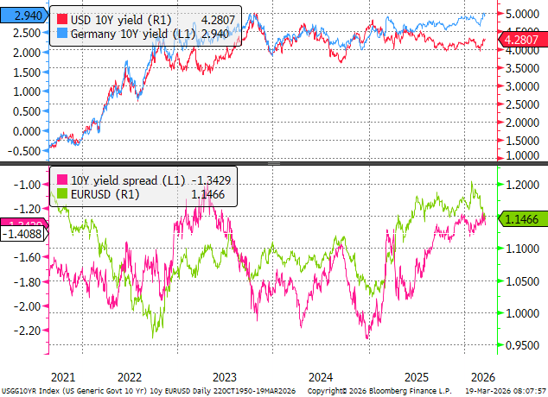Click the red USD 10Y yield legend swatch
tap(62, 19)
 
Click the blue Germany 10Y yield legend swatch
tap(62, 33)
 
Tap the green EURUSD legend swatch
tap(62, 196)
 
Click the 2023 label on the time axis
tap(224, 377)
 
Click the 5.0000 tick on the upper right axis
tap(525, 15)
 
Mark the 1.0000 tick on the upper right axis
tap(525, 155)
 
